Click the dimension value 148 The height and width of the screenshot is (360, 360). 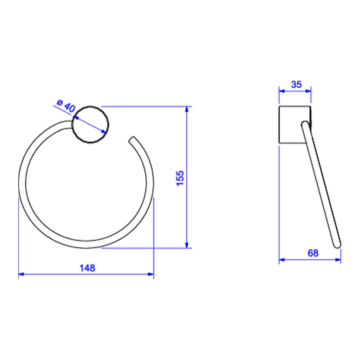[x=87, y=268]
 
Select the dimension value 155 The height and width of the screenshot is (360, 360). [x=180, y=178]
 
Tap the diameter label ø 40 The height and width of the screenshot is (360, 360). [x=66, y=106]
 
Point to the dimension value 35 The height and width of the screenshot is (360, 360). [x=296, y=85]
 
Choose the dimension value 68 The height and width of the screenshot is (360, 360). [x=313, y=253]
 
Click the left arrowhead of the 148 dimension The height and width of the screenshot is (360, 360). [x=21, y=274]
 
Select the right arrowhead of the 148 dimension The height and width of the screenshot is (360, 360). [x=151, y=274]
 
